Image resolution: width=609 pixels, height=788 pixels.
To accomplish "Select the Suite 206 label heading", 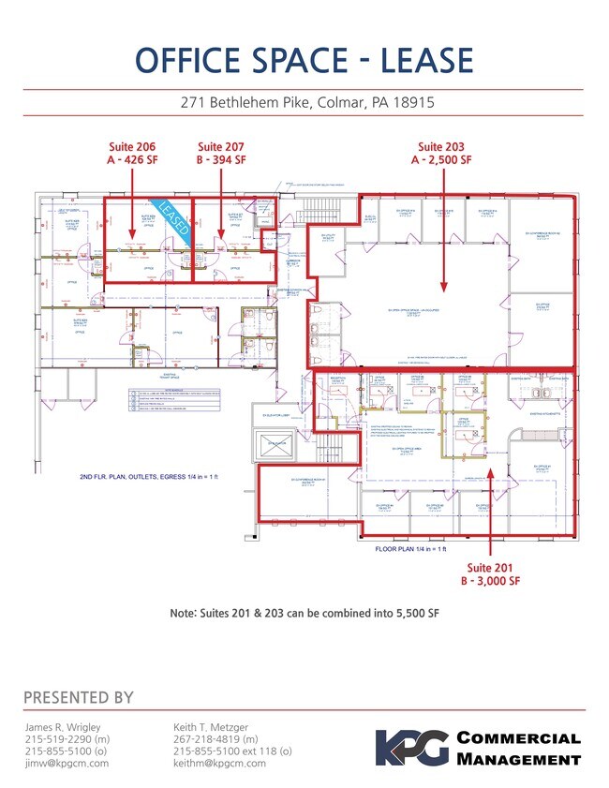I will [132, 146].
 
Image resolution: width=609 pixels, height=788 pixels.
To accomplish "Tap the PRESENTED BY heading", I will [78, 697].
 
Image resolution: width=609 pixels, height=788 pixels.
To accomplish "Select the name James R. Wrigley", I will [64, 726].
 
